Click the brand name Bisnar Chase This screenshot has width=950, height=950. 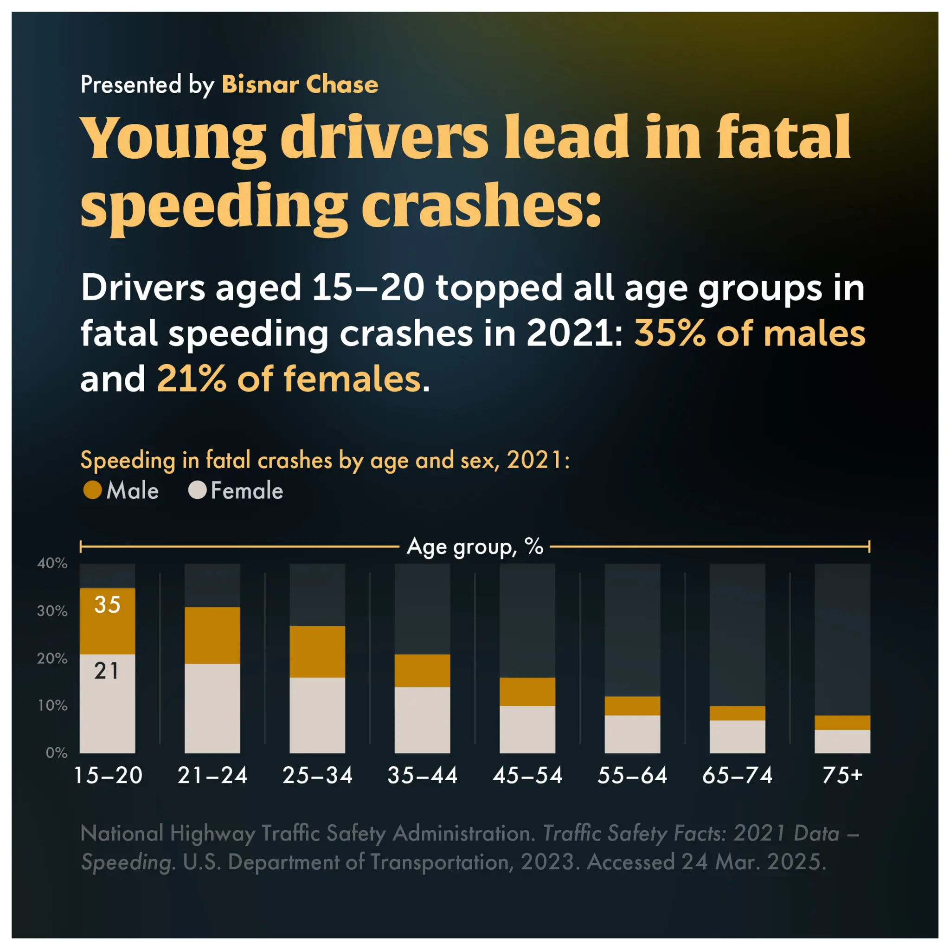click(x=300, y=84)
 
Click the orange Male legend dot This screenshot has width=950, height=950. click(x=92, y=490)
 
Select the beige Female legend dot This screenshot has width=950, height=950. click(x=197, y=490)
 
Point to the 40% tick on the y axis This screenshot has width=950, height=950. click(x=52, y=563)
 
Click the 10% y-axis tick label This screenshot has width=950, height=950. click(x=52, y=706)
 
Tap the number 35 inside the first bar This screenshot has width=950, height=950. click(x=107, y=605)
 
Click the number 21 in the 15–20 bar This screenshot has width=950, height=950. click(x=107, y=671)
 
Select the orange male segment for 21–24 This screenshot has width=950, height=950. click(x=212, y=635)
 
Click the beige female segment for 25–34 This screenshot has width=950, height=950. click(x=317, y=715)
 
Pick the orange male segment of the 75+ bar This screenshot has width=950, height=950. click(x=842, y=722)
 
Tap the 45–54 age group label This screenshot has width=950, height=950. click(x=527, y=776)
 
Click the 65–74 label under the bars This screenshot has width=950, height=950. click(x=737, y=776)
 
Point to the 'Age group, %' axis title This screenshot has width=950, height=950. click(x=475, y=546)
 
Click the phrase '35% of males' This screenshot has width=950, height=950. click(x=750, y=334)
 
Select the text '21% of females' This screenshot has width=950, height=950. click(x=289, y=379)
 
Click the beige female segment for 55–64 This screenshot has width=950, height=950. click(x=632, y=734)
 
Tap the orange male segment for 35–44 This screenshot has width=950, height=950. click(x=423, y=670)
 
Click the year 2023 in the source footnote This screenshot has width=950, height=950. click(x=547, y=862)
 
